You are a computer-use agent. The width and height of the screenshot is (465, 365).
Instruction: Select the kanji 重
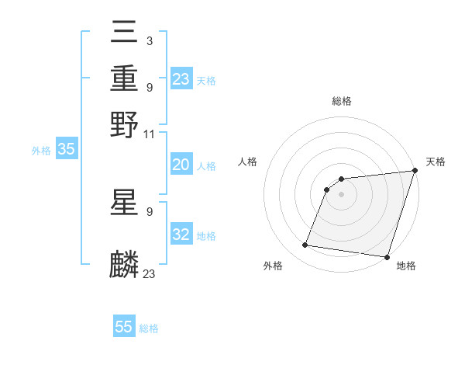[x=125, y=79]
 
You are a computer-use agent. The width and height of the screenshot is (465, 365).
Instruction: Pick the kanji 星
[x=125, y=203]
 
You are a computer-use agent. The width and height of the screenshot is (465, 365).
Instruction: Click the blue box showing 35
[x=66, y=150]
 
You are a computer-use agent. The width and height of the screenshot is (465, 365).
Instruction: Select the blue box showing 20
[x=181, y=165]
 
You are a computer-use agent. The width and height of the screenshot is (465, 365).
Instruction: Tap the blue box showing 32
[x=181, y=235]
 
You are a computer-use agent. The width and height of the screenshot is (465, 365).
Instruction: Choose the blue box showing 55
[x=124, y=327]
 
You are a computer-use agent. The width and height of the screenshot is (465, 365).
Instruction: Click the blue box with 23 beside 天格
[x=181, y=79]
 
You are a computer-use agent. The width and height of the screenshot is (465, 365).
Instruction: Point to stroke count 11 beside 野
[x=150, y=134]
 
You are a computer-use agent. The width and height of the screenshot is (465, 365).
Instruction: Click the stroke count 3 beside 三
[x=149, y=40]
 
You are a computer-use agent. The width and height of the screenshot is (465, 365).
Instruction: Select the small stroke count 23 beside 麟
[x=150, y=273]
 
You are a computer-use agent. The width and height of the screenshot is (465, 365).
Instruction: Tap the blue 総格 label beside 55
[x=149, y=328]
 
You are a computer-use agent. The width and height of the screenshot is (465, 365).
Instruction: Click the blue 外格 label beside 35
[x=40, y=151]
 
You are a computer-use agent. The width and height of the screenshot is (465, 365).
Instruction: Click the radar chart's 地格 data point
[x=387, y=257]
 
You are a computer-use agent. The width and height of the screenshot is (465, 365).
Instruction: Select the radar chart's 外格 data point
[x=305, y=245]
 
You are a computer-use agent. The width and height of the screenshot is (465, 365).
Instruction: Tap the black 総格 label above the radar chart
[x=342, y=101]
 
